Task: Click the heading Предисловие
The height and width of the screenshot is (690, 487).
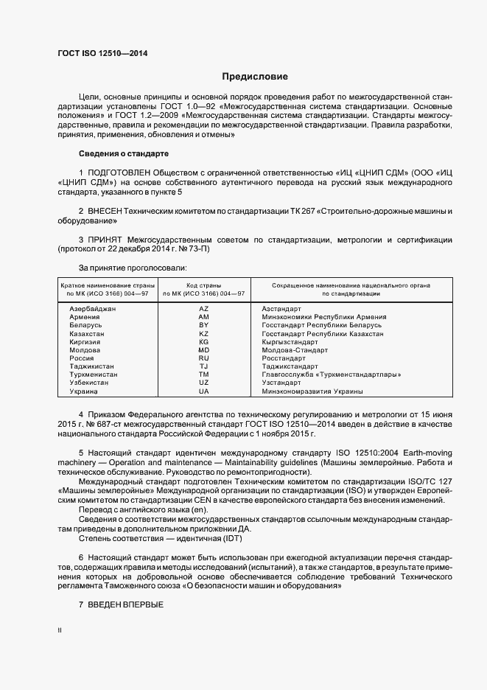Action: [255, 76]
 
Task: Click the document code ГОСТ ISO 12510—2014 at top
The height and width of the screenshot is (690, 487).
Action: [102, 53]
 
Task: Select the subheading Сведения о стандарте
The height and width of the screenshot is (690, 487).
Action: [124, 153]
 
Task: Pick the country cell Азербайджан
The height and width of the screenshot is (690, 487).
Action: [93, 308]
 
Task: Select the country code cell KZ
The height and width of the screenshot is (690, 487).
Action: [204, 334]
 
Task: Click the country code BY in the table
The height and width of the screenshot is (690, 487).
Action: [204, 325]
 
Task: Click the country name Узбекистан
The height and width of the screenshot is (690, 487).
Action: [91, 383]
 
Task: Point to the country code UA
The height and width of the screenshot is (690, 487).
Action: [204, 391]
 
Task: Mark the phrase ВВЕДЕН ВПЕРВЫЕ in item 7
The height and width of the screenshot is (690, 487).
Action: [126, 604]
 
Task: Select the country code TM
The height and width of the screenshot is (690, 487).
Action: [204, 374]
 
